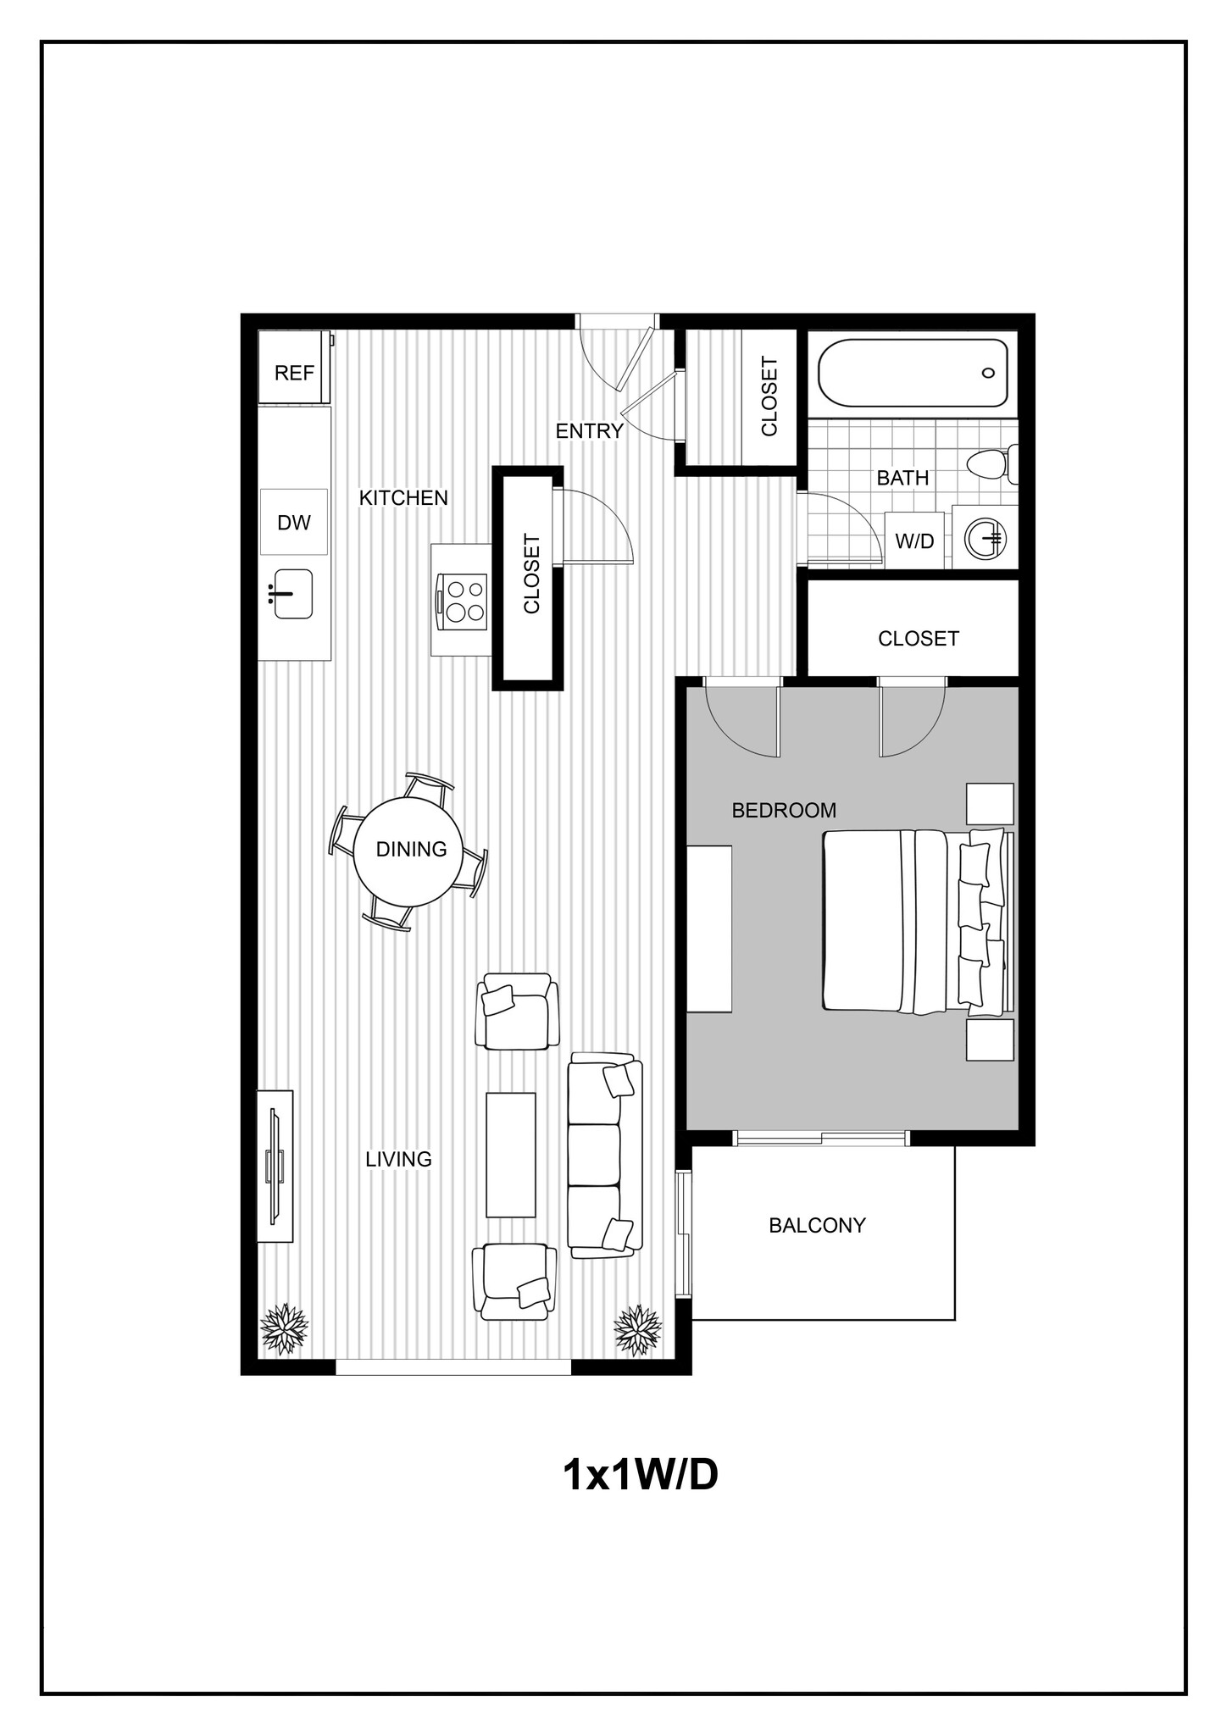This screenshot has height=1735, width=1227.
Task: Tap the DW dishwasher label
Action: point(294,523)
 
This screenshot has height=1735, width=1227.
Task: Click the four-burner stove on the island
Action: point(462,600)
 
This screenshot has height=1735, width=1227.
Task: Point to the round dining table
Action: point(411,850)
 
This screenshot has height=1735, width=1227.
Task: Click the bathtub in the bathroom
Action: point(913,373)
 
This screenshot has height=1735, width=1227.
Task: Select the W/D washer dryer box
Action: point(914,540)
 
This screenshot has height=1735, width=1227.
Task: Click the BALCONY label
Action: point(817,1225)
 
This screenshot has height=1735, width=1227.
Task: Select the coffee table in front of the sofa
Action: point(510,1155)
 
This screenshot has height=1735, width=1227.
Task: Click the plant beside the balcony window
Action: point(637,1329)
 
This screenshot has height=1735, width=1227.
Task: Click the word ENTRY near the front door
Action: point(589,431)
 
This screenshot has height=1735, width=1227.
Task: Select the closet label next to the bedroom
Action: point(918,639)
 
